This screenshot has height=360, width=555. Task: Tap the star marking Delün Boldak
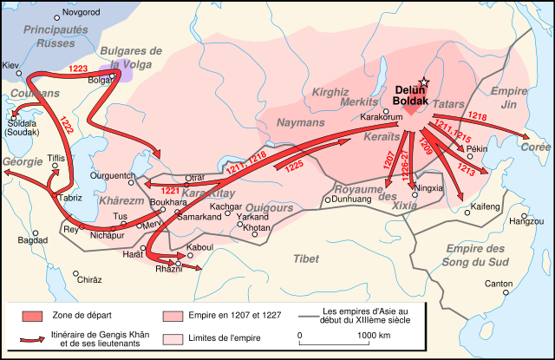click(x=424, y=81)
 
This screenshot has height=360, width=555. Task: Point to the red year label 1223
click(x=79, y=67)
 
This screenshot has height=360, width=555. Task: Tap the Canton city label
click(x=498, y=284)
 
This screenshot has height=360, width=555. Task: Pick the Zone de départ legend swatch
click(x=32, y=315)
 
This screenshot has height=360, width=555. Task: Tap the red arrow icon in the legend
click(x=32, y=339)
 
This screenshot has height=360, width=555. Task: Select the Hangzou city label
click(x=526, y=221)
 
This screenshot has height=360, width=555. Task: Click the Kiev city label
click(x=10, y=66)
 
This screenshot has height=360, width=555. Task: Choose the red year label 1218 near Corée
click(x=477, y=115)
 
